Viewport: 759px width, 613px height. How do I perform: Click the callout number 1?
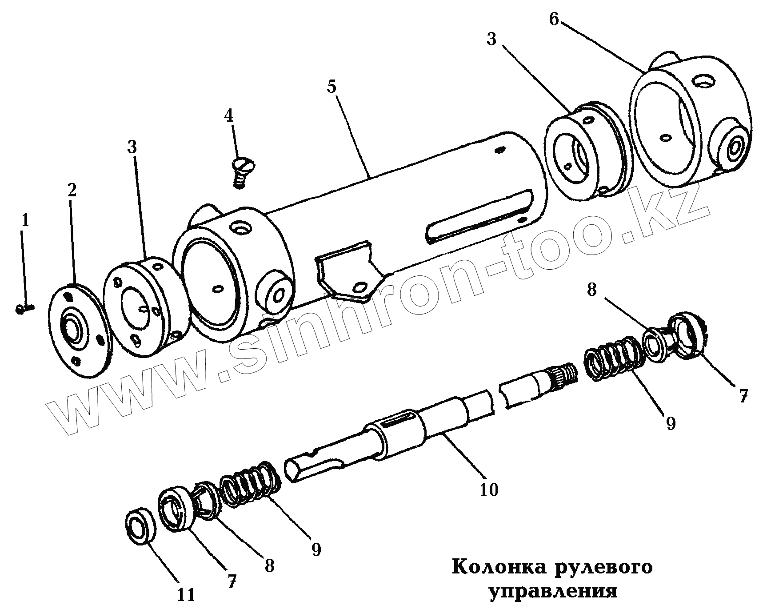pos(25,221)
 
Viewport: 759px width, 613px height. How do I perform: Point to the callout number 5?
pos(332,87)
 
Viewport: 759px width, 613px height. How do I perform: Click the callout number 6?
pos(553,20)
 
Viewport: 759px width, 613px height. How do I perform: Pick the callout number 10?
pos(489,490)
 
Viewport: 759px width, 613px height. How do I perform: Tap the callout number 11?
pos(186,594)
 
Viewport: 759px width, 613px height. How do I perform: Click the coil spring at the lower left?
pos(251,484)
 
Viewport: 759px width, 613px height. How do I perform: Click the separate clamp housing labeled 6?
pos(691,124)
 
